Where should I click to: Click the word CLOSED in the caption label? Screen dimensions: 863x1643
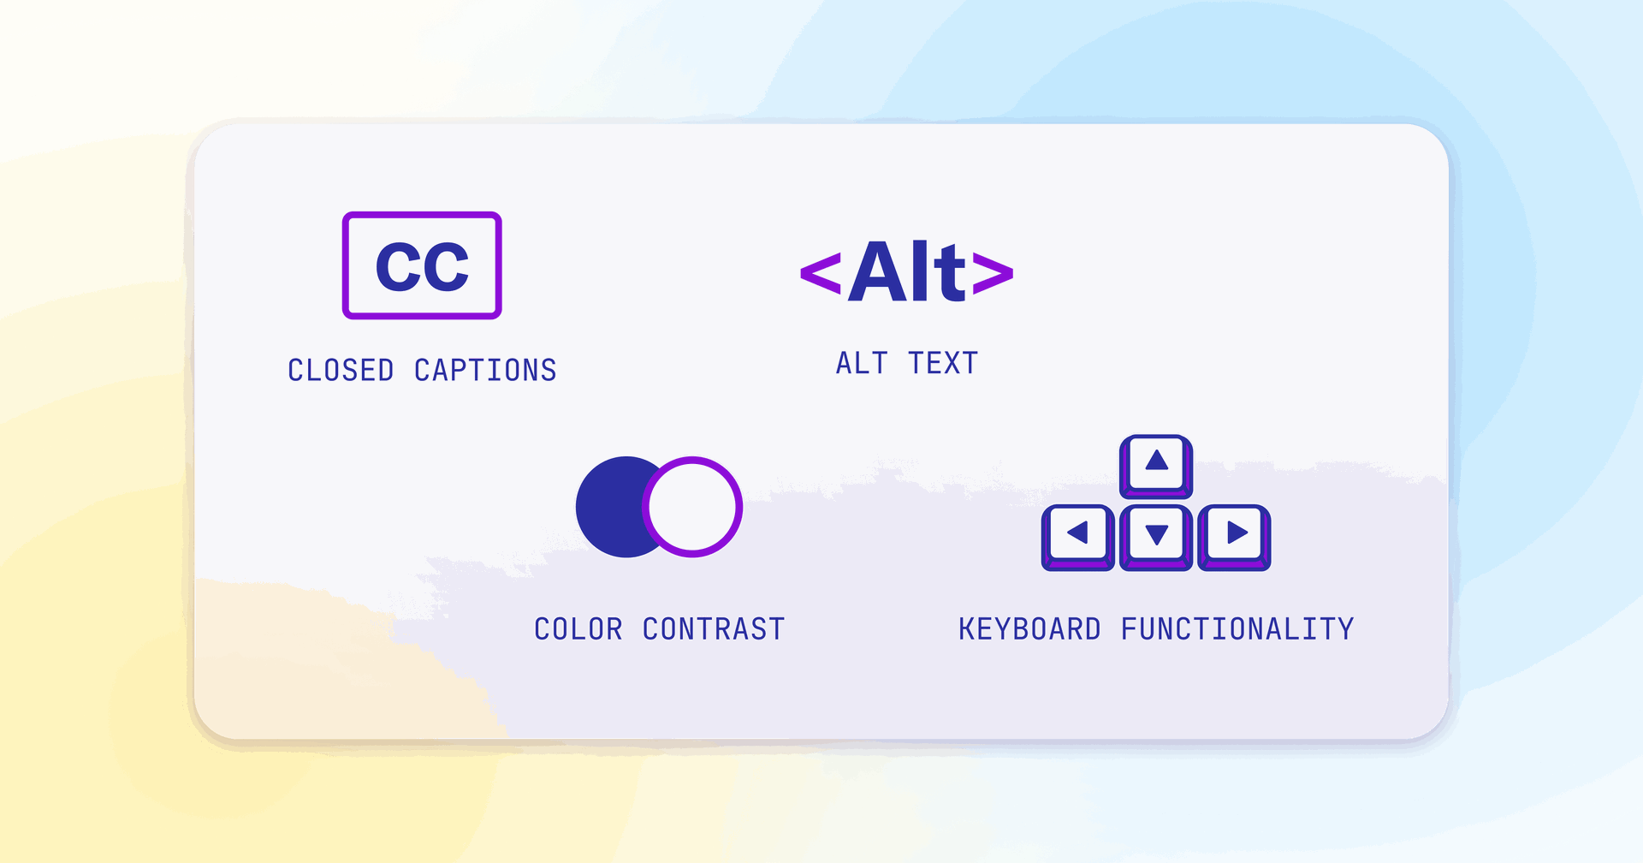click(341, 371)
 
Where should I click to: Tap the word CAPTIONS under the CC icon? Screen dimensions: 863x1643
click(485, 371)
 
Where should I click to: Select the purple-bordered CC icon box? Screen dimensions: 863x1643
click(422, 265)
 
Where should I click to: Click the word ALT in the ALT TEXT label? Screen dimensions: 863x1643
click(862, 363)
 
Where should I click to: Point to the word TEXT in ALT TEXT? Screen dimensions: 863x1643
click(943, 363)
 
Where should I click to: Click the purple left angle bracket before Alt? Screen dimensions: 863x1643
click(821, 273)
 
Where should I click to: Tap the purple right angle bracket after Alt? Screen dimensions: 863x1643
click(993, 273)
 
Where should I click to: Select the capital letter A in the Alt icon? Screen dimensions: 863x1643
click(878, 271)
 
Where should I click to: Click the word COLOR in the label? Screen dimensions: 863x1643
click(578, 629)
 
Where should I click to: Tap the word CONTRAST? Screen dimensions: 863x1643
click(714, 629)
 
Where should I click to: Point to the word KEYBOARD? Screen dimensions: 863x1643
click(1029, 629)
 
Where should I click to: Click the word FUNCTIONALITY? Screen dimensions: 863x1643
click(1237, 629)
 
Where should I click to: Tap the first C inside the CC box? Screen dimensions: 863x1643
click(399, 267)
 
